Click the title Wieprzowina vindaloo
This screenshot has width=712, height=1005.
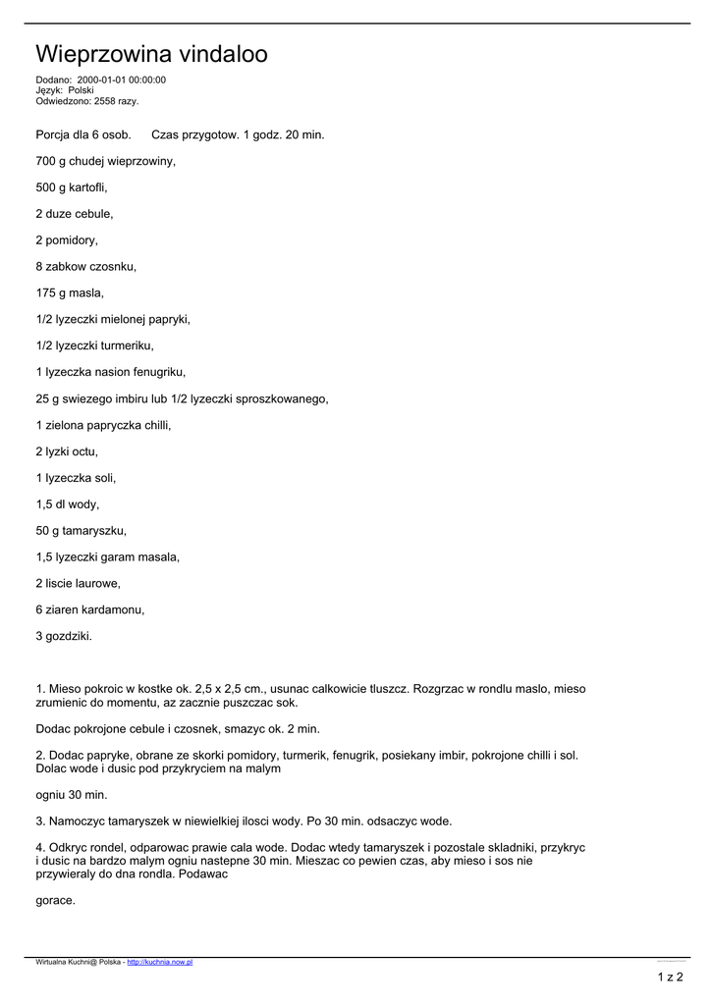tap(151, 53)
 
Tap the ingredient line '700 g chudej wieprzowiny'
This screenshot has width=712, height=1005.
tap(105, 160)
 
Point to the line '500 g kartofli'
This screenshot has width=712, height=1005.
tap(72, 186)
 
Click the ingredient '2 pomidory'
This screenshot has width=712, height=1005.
tap(67, 239)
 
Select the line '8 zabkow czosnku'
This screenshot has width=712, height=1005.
tap(85, 266)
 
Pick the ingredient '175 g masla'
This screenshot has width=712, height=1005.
tap(70, 292)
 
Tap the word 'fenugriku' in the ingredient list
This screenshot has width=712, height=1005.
tap(158, 372)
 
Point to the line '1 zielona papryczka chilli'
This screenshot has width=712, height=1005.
tap(103, 425)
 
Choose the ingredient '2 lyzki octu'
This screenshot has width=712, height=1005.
tap(67, 451)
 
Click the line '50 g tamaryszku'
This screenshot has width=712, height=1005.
tap(81, 531)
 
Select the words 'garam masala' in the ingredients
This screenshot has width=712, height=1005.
tap(147, 557)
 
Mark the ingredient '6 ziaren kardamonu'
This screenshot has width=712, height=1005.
tap(89, 609)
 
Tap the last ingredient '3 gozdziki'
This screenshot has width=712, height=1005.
tap(64, 636)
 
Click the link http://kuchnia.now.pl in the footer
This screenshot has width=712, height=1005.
tap(160, 963)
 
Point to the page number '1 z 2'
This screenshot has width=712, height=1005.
tap(671, 977)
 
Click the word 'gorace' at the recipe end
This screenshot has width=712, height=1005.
tap(55, 900)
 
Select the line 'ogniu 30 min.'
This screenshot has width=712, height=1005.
tap(72, 794)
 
